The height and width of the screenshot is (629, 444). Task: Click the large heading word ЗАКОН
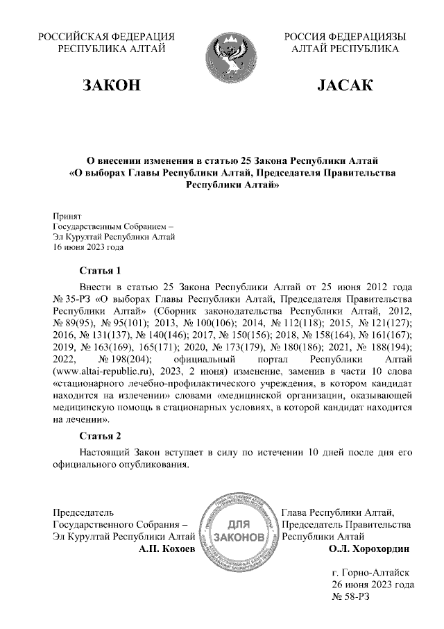click(x=112, y=85)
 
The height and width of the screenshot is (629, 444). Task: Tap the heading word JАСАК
click(x=345, y=85)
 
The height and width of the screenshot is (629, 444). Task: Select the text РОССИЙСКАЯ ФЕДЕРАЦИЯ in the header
click(x=106, y=37)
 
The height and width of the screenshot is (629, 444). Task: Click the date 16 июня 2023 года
click(x=88, y=246)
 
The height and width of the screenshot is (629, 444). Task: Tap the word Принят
click(x=67, y=216)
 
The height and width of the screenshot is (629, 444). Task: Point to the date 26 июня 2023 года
click(x=373, y=585)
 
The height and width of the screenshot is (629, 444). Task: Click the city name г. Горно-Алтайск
click(x=370, y=573)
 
